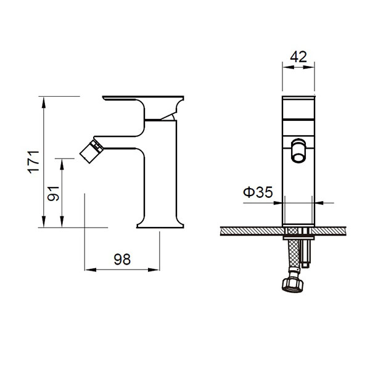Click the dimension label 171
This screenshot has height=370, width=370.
click(x=33, y=162)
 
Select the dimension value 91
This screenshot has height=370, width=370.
click(x=53, y=194)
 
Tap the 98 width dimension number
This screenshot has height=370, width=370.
click(x=122, y=260)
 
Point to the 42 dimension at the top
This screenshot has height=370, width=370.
click(x=298, y=57)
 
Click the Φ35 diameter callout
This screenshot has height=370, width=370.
click(x=258, y=192)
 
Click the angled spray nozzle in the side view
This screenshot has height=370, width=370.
click(x=91, y=151)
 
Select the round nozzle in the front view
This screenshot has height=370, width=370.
click(x=298, y=150)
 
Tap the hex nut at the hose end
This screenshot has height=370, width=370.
click(x=292, y=286)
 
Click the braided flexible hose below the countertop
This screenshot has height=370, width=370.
click(x=294, y=255)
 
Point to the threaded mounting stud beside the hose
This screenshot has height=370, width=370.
click(x=306, y=252)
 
